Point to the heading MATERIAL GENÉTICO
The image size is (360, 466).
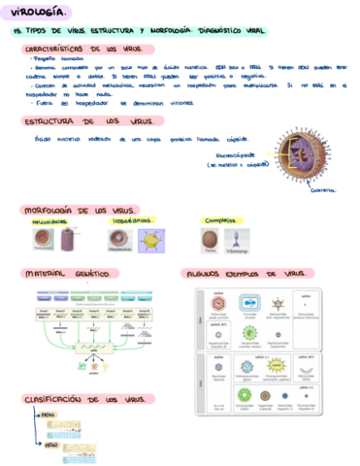(63, 275)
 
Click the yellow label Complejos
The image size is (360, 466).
(217, 221)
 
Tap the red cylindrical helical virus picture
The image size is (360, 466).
(68, 240)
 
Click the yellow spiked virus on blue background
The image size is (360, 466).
(151, 241)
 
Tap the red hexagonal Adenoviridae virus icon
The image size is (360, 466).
(219, 303)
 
